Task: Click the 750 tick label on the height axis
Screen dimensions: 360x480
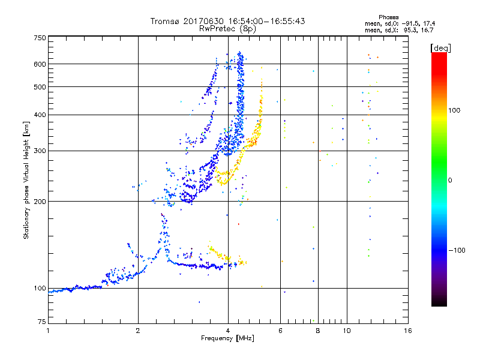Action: pyautogui.click(x=40, y=37)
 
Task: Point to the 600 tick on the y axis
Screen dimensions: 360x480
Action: pyautogui.click(x=40, y=64)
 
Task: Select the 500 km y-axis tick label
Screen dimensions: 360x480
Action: pyautogui.click(x=40, y=87)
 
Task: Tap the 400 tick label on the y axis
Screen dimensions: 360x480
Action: pyautogui.click(x=40, y=115)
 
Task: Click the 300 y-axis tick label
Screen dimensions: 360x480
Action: pyautogui.click(x=40, y=151)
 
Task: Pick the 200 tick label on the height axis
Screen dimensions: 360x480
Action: pyautogui.click(x=40, y=202)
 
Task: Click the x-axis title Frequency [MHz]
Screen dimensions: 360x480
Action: pyautogui.click(x=227, y=339)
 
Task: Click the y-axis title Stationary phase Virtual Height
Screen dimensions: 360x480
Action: pyautogui.click(x=26, y=180)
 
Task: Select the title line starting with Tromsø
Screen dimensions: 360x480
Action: pyautogui.click(x=227, y=21)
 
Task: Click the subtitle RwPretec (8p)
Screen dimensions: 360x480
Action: pyautogui.click(x=227, y=28)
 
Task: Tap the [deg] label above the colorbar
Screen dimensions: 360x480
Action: pyautogui.click(x=440, y=47)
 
